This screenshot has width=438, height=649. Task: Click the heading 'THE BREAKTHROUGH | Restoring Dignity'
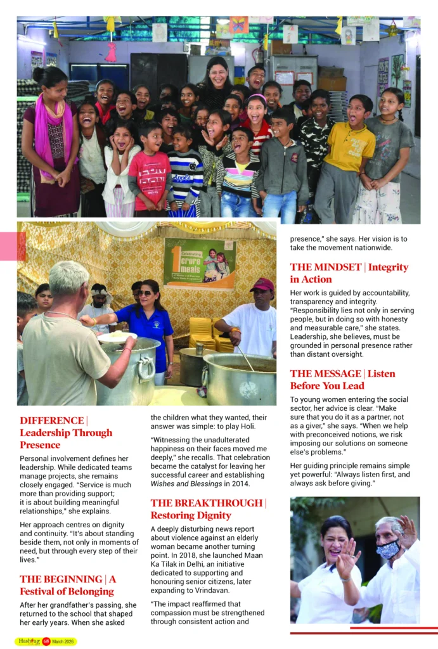[208, 509]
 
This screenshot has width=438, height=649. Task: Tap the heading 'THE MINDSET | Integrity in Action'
[349, 273]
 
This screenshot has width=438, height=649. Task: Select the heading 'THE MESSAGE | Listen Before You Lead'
[342, 380]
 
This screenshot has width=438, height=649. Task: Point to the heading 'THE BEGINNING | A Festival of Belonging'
[68, 585]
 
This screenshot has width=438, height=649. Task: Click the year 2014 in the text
[241, 484]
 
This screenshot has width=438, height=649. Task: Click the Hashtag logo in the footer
[27, 641]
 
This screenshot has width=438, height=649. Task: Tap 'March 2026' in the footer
[63, 641]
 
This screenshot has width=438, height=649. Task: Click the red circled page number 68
[46, 641]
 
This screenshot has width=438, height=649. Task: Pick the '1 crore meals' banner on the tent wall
[199, 264]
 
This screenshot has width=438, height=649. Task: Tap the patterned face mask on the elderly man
[387, 549]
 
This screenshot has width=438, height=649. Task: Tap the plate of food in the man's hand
[116, 337]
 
